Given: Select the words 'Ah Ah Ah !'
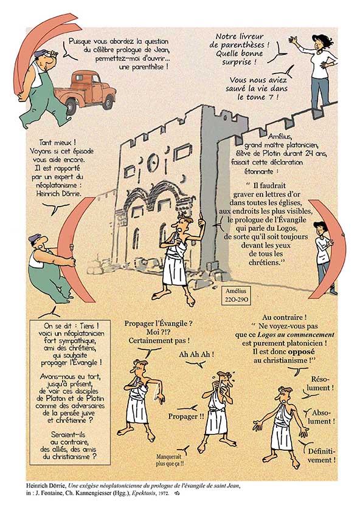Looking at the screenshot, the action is click(x=196, y=355).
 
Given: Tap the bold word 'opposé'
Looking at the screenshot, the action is click(x=301, y=352).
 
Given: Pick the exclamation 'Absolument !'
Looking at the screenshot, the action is click(x=322, y=417).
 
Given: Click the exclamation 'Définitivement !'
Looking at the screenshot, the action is click(x=322, y=456).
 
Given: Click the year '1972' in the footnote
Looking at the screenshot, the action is click(x=164, y=493).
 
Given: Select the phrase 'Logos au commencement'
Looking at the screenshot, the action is click(x=296, y=335).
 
